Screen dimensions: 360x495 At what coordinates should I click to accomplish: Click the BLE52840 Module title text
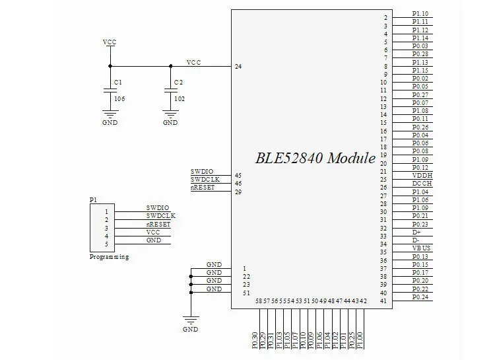(x=315, y=159)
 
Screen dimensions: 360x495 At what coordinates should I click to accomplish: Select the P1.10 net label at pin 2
(x=420, y=14)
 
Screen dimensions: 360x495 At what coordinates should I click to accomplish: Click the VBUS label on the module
(x=421, y=248)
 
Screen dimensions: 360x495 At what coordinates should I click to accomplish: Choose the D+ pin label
(x=416, y=232)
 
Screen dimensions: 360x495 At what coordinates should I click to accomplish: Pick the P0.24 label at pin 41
(x=420, y=297)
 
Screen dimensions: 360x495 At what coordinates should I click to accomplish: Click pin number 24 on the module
(x=238, y=67)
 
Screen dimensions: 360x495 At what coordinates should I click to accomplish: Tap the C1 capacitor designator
(x=118, y=82)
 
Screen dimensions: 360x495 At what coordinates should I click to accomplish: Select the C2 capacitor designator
(x=178, y=82)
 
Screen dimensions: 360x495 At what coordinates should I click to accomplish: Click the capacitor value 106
(x=119, y=98)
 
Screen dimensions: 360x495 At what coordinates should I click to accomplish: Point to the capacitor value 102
(x=179, y=98)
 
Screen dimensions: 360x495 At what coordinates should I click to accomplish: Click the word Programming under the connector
(x=109, y=257)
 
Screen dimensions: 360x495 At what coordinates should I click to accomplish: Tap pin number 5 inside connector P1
(x=106, y=244)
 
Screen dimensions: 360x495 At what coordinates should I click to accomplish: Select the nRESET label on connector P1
(x=158, y=224)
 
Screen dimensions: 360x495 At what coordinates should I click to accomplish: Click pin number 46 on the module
(x=238, y=183)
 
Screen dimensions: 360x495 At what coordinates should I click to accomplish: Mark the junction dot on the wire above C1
(x=110, y=65)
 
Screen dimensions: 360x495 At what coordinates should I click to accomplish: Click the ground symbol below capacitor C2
(x=170, y=116)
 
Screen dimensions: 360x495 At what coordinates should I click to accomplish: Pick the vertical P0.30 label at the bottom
(x=255, y=340)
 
